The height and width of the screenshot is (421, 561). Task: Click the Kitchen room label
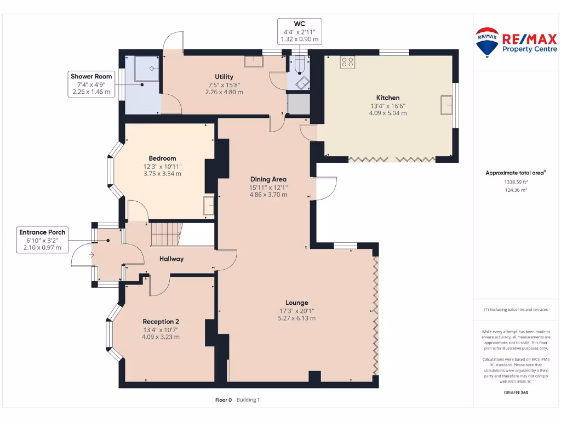(x=387, y=98)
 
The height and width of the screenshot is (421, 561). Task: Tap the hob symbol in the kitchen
(x=347, y=62)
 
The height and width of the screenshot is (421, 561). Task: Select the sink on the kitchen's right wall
(x=446, y=104)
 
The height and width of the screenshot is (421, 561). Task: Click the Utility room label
(x=224, y=77)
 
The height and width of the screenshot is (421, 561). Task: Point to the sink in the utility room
(x=253, y=61)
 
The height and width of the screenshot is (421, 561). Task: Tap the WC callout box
(x=299, y=31)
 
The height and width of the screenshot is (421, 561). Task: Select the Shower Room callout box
(x=91, y=84)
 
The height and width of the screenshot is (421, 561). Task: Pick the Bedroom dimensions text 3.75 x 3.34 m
(x=162, y=174)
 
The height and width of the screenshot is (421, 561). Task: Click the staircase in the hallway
(x=165, y=234)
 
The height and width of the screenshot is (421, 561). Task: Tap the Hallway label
(x=171, y=259)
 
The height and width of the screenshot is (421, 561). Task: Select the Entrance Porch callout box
(x=42, y=240)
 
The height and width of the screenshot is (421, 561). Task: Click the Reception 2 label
(x=161, y=321)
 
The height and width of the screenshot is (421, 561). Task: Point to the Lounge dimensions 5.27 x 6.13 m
(x=296, y=318)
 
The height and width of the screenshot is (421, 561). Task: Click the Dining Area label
(x=268, y=179)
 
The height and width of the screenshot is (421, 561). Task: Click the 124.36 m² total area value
(x=515, y=190)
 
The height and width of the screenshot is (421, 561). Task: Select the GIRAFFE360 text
(x=515, y=392)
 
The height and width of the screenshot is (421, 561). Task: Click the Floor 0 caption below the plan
(x=224, y=400)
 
